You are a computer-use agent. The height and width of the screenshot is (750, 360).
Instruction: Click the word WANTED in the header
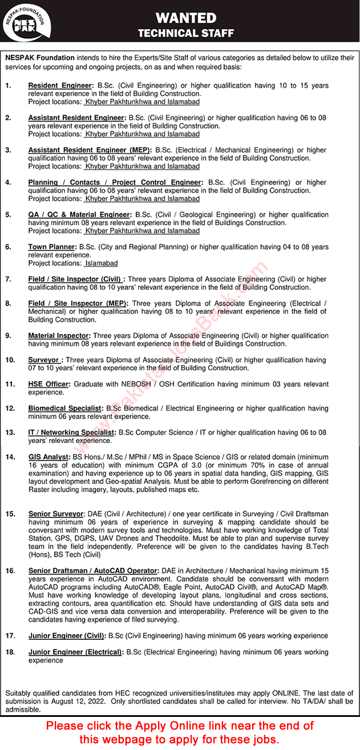click(x=186, y=18)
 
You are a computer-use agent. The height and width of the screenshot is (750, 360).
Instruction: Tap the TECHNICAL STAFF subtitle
click(x=186, y=34)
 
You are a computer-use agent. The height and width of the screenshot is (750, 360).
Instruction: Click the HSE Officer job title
click(x=48, y=384)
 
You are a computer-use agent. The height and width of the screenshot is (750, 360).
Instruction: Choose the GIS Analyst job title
click(x=48, y=457)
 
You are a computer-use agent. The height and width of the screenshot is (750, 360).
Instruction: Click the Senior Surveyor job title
click(x=56, y=514)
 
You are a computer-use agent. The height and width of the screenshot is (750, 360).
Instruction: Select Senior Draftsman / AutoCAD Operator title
click(x=92, y=571)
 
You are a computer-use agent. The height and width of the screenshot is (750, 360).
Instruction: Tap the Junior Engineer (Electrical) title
click(x=75, y=652)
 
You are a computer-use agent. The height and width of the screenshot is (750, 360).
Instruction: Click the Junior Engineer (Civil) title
click(x=67, y=635)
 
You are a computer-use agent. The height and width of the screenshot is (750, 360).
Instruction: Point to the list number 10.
click(x=10, y=360)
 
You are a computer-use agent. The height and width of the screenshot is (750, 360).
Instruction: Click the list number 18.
click(x=10, y=652)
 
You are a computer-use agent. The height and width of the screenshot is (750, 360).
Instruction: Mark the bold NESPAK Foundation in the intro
click(x=40, y=58)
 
